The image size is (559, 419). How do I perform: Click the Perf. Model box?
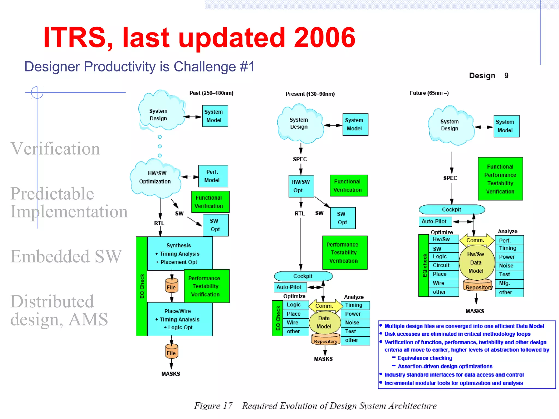pos(213,176)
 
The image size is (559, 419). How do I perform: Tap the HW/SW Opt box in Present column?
pos(301,186)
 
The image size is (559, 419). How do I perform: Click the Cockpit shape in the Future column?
pos(452,209)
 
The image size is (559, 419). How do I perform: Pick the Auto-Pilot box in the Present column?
pos(289,287)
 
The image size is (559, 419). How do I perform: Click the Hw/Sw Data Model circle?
pos(476,262)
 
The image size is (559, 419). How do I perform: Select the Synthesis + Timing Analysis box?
pos(179,253)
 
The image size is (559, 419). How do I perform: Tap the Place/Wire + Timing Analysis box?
pos(179,319)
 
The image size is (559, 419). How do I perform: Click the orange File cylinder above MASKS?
pos(171,352)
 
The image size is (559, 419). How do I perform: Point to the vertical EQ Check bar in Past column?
pos(141,286)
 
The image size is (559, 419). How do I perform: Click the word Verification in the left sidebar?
pos(55,149)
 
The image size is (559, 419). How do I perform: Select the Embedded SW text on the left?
pos(66,256)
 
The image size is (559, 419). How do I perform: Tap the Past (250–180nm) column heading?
pos(211,93)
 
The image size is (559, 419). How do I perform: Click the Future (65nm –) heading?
pos(429,93)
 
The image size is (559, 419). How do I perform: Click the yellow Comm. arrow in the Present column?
pos(325,306)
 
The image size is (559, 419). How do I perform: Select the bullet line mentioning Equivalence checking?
pos(424,358)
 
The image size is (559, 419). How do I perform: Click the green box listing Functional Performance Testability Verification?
pos(500,179)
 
